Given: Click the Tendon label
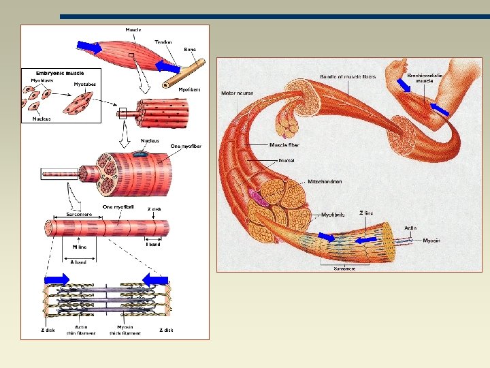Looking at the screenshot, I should (163, 42).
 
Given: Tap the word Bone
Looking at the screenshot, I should (190, 49).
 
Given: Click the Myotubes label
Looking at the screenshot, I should (84, 85).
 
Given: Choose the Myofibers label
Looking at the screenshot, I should (189, 89).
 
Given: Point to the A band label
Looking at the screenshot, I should (79, 262).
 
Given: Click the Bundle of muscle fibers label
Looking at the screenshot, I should (348, 76).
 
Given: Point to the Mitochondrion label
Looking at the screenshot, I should (325, 182).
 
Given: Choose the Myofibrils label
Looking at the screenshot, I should (333, 215).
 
